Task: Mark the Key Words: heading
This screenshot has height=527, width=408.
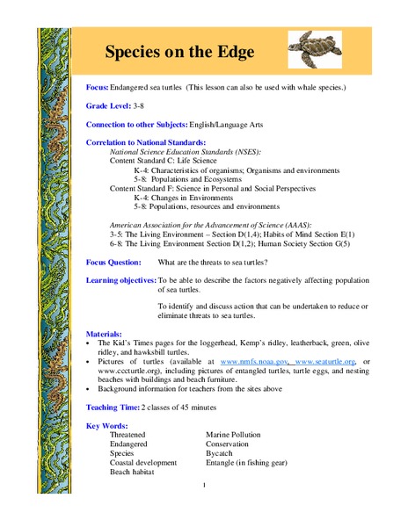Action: click(x=108, y=425)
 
